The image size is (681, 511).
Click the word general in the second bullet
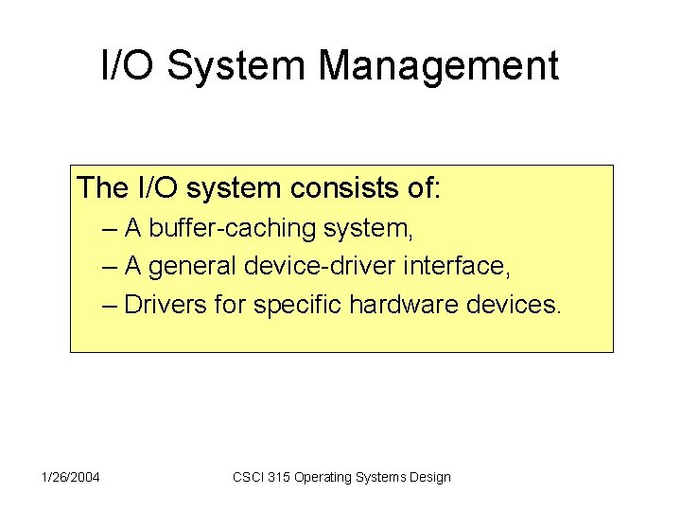pos(193,267)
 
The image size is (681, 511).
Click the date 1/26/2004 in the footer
pos(72,477)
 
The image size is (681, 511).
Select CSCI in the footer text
pos(249,477)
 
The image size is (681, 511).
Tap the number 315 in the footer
pos(279,477)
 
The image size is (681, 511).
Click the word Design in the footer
pos(430,477)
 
